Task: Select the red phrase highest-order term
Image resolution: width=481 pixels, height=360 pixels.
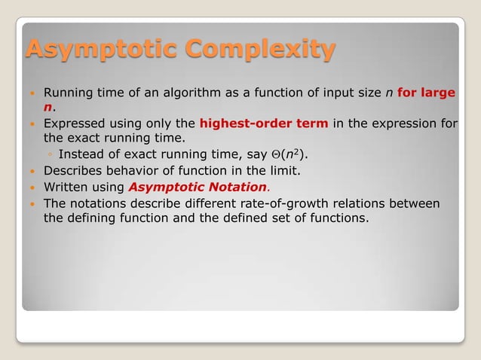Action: pos(264,124)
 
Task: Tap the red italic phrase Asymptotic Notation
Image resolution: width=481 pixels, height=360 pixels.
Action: pos(198,187)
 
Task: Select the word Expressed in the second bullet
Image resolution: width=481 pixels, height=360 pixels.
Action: pos(75,124)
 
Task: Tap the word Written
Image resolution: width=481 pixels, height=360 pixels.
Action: pos(66,187)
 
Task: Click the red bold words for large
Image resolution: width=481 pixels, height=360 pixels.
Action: pos(427,93)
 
